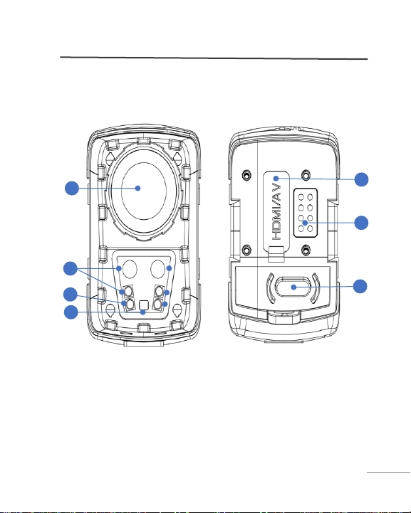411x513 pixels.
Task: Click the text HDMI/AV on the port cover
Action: (276, 211)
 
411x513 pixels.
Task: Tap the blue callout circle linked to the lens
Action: (72, 188)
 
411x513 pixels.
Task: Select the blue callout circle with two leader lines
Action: (70, 269)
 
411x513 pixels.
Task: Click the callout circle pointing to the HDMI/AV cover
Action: (362, 179)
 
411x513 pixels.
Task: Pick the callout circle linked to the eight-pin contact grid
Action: (362, 223)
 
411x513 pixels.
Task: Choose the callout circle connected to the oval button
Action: (360, 286)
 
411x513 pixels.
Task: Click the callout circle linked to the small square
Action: (71, 312)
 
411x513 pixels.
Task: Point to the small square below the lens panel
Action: (144, 305)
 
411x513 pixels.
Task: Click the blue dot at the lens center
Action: (138, 188)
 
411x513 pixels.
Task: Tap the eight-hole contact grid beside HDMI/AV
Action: (305, 213)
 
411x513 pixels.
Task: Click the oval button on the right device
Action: (293, 287)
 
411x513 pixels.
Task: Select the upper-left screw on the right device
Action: (246, 175)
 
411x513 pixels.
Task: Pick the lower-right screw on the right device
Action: (306, 250)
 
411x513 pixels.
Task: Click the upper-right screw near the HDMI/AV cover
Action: (306, 175)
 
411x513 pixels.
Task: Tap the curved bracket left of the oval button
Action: (269, 288)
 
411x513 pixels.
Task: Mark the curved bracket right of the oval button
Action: (316, 288)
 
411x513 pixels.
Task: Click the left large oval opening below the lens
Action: (130, 269)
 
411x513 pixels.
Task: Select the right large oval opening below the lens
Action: (157, 269)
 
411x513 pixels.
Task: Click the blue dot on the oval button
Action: (293, 287)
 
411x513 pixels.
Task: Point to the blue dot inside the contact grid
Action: (305, 223)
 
